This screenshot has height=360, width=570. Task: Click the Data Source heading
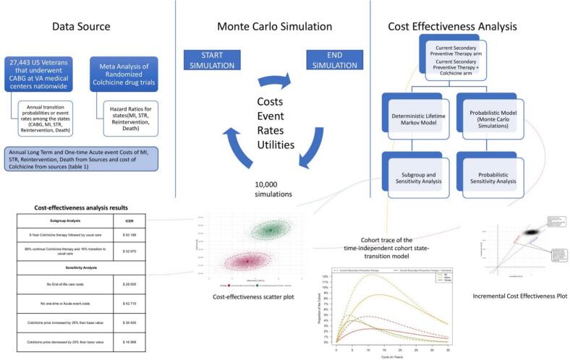[x=81, y=27]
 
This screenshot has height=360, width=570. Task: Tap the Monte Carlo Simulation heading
[x=275, y=27]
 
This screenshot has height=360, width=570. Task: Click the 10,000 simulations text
[x=276, y=190]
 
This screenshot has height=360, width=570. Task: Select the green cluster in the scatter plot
[x=270, y=229]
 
